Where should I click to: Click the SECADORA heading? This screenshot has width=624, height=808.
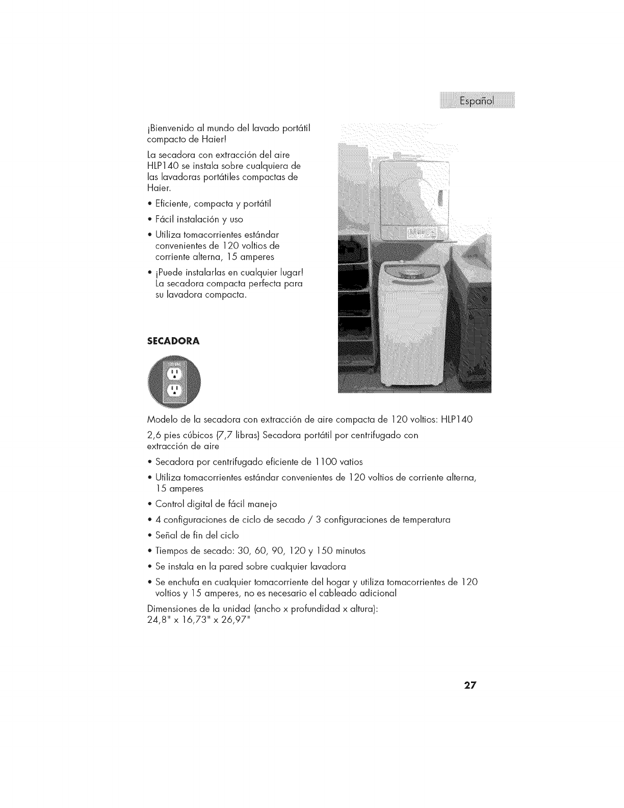pyautogui.click(x=173, y=341)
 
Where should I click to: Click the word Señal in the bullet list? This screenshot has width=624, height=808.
pyautogui.click(x=167, y=535)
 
